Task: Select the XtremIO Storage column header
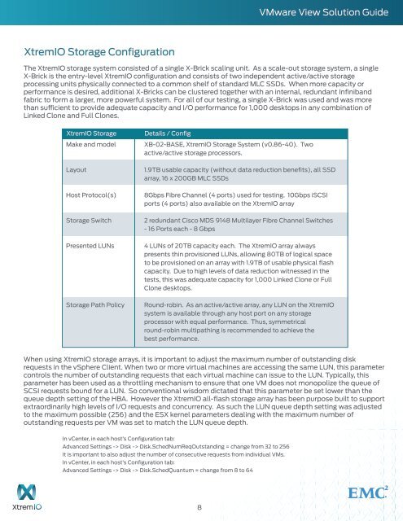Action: pos(90,131)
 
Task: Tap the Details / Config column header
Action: pos(168,131)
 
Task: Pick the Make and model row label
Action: pos(90,143)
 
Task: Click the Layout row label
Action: pos(78,165)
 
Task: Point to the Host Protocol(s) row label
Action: pos(91,195)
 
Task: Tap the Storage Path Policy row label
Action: pos(95,304)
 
